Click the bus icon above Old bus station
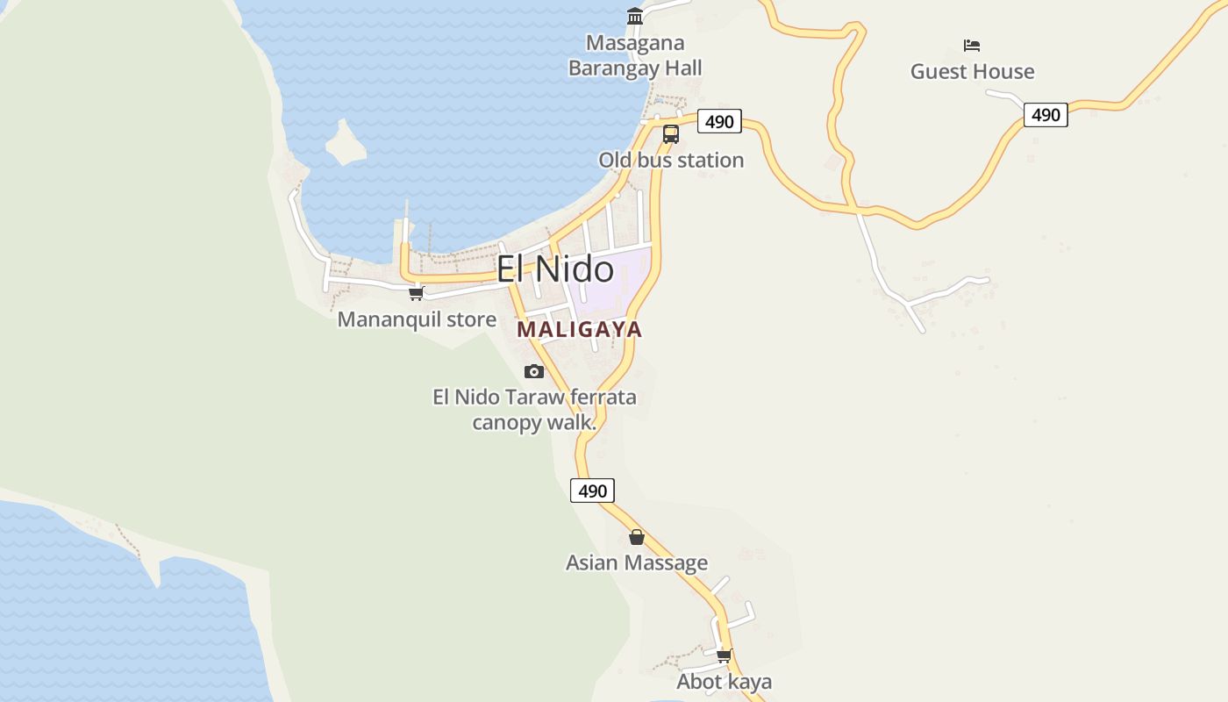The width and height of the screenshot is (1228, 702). coord(671,134)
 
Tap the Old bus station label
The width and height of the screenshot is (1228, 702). coord(671,161)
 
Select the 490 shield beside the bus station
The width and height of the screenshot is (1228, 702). coord(719,121)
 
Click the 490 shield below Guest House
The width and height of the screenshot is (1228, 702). coord(1046,115)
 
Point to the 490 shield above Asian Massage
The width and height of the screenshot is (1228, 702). coord(592,491)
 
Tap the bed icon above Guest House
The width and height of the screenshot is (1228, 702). coord(971,46)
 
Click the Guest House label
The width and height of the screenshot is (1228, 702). coord(972,72)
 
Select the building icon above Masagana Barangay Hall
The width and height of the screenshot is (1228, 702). coord(635,17)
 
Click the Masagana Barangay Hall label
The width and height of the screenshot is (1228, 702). coord(635,55)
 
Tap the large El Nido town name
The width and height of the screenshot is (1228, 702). coord(555,269)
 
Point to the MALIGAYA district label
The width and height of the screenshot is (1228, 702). coord(579,330)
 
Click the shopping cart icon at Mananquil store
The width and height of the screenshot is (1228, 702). coord(417,293)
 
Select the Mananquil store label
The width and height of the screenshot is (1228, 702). coord(417,319)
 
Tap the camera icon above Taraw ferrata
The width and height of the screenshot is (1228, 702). coord(534,372)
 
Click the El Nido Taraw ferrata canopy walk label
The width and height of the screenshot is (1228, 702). coord(534,410)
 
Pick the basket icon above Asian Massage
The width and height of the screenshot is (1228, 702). coord(637,537)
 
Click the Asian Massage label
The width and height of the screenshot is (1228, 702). coord(637,563)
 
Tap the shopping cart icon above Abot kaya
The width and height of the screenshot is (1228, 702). coord(725,655)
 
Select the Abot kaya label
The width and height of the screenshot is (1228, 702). coord(725,682)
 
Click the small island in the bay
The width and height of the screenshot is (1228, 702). coord(345,143)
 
